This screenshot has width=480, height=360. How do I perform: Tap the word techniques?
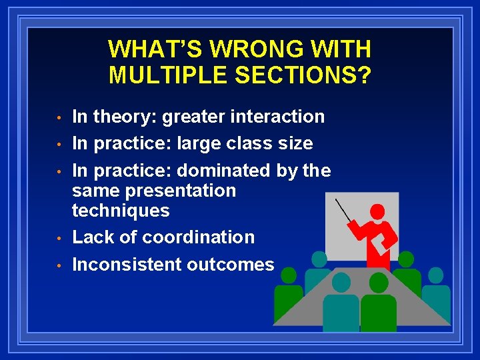point(121,211)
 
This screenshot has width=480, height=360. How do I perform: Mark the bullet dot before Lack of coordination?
point(59,238)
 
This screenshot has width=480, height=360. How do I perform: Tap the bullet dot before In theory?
point(59,117)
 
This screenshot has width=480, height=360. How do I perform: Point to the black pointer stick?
point(343,211)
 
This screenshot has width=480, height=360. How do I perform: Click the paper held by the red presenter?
point(381,245)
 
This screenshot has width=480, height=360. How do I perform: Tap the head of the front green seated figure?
point(379,283)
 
